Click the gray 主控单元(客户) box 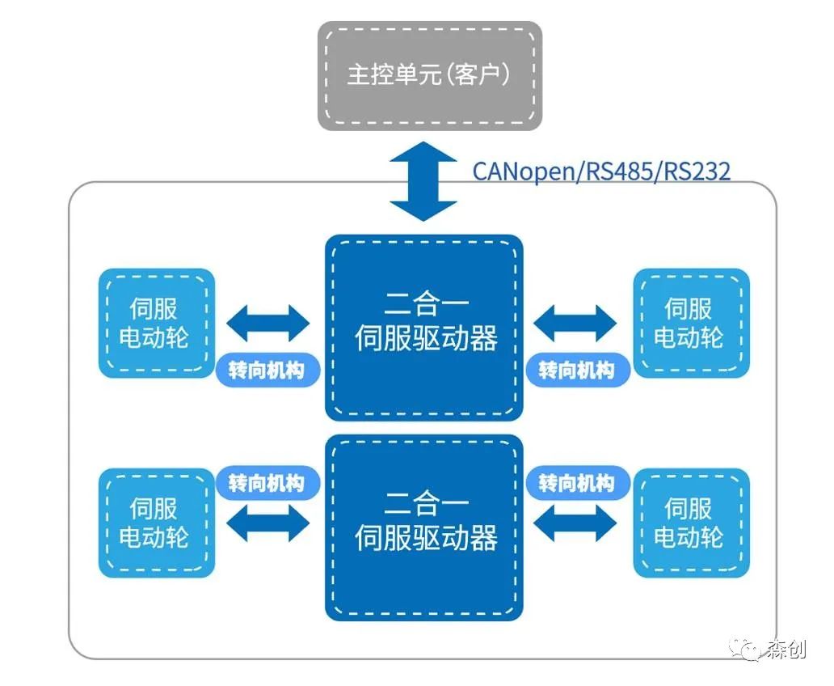click(x=429, y=75)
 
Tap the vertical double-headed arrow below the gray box click(x=423, y=181)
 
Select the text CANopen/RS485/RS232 click(x=601, y=171)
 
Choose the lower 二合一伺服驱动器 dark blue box click(x=424, y=527)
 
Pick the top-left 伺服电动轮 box click(x=157, y=323)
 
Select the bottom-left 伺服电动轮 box click(x=157, y=523)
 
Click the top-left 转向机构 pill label click(x=267, y=371)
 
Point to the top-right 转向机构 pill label click(x=576, y=371)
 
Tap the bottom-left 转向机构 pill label click(x=267, y=484)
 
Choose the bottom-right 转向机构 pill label click(x=576, y=484)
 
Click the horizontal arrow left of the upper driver click(x=267, y=323)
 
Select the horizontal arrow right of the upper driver click(x=575, y=323)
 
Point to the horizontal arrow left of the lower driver click(x=267, y=523)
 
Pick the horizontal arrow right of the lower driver click(x=575, y=523)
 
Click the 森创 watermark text click(x=786, y=650)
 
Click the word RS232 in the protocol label click(x=697, y=171)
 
